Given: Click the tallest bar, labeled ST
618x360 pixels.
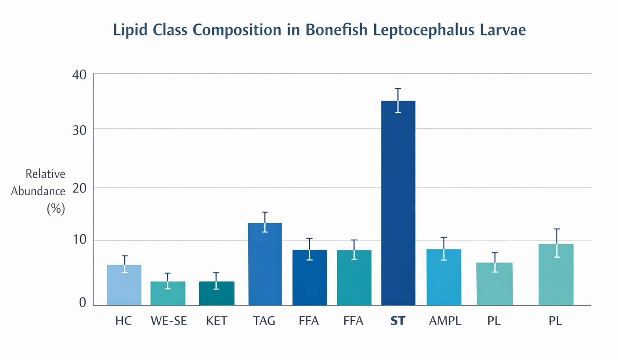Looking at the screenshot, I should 398,203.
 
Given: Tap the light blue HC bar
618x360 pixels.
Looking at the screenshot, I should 124,285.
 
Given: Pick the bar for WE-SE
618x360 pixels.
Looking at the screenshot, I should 168,293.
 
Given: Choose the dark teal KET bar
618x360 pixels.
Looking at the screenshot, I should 216,293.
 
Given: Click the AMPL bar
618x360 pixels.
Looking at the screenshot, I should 444,277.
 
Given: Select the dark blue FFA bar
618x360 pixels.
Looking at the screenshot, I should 309,278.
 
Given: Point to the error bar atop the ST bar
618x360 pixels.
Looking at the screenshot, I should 398,100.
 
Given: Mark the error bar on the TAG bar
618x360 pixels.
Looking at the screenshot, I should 265,222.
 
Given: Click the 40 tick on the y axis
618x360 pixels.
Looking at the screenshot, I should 79,74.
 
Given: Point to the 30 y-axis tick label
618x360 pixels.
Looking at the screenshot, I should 79,130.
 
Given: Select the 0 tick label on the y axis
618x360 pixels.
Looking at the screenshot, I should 82,302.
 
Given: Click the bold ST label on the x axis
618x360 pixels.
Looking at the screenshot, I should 398,321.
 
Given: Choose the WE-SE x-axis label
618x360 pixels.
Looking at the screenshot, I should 168,321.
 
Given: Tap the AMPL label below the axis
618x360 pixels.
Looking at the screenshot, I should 445,321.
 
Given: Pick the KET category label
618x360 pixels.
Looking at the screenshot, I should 216,321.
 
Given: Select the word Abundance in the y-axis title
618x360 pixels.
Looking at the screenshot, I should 38,191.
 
